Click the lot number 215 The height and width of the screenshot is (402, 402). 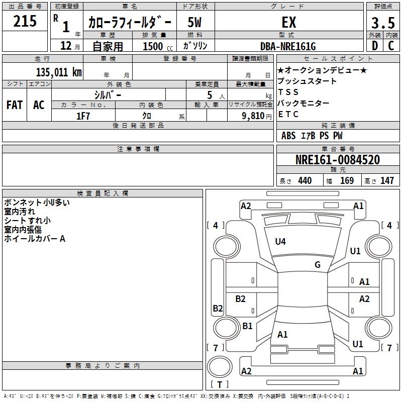25,22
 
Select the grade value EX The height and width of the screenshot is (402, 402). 289,22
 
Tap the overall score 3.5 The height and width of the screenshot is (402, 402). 382,23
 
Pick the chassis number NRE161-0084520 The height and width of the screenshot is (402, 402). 338,160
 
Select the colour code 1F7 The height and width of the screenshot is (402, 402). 83,116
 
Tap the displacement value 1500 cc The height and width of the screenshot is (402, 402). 156,46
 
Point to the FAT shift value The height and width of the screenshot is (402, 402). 14,105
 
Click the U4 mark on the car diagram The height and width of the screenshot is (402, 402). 280,242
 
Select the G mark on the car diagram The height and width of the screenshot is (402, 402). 318,265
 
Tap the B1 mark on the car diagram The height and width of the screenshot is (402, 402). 247,326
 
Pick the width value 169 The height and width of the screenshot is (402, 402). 347,181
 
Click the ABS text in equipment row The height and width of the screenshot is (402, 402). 288,136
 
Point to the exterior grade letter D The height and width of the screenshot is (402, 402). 374,46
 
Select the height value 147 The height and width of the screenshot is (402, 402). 387,181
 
